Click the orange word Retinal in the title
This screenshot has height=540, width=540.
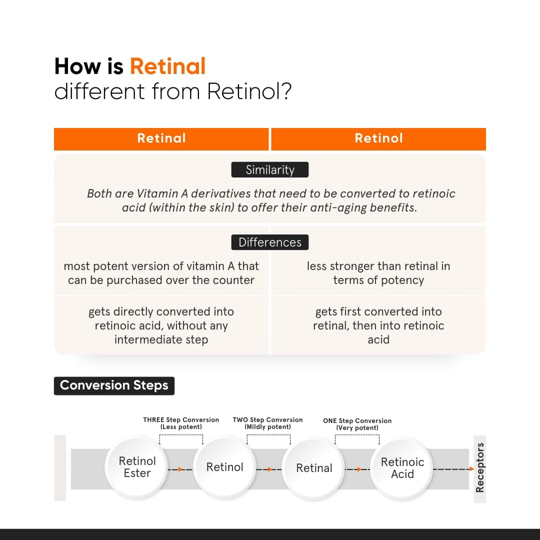click(x=167, y=66)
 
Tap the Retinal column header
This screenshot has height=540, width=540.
click(x=161, y=138)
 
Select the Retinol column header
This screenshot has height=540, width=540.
click(x=378, y=138)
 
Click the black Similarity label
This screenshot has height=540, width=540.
click(x=270, y=170)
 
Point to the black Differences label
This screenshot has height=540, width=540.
click(x=270, y=242)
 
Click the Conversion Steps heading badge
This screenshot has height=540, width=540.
click(x=114, y=385)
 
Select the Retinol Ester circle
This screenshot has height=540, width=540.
click(x=137, y=467)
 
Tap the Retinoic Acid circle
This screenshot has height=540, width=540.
click(x=402, y=468)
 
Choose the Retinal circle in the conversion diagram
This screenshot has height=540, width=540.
click(x=314, y=468)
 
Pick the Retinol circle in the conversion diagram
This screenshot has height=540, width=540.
click(x=225, y=467)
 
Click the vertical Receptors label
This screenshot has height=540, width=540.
click(x=480, y=467)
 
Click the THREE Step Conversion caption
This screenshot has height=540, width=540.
click(x=181, y=423)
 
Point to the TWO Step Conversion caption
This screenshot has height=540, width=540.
click(x=267, y=423)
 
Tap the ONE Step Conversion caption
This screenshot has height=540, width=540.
click(x=357, y=424)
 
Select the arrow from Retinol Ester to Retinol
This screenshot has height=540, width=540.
click(x=179, y=469)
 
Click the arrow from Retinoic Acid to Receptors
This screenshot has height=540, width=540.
click(x=452, y=469)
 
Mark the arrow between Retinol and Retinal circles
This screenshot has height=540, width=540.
click(x=268, y=469)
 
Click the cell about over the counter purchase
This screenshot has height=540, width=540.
click(x=161, y=273)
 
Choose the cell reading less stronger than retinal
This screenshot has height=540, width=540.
click(x=378, y=273)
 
